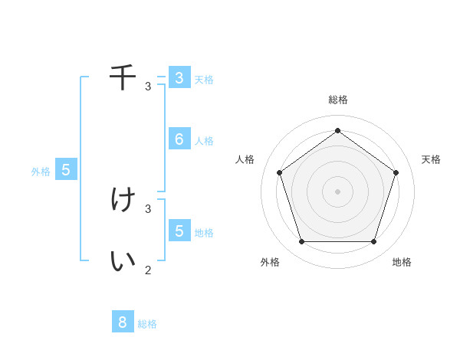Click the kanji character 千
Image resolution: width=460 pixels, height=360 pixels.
[123, 77]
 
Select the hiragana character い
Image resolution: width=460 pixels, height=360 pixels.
[123, 261]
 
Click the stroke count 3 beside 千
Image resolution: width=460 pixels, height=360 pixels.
[148, 86]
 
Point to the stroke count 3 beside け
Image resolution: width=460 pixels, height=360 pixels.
[148, 208]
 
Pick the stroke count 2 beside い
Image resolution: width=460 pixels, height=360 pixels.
[148, 270]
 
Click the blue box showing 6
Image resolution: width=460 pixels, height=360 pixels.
[179, 139]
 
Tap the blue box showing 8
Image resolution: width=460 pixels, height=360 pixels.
[123, 322]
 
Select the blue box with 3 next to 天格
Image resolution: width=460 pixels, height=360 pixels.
[179, 77]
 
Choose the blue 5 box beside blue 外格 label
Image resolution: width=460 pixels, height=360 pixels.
[66, 170]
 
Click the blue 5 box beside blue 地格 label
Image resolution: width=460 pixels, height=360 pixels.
[179, 231]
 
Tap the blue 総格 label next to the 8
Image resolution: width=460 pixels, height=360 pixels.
[147, 324]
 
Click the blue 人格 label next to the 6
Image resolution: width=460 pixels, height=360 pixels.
[204, 141]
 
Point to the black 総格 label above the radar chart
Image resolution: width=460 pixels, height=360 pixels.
[337, 100]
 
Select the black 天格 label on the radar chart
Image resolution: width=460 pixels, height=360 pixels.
[431, 159]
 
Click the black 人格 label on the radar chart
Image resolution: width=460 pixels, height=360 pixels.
[245, 159]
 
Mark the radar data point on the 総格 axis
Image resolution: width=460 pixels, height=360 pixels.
[337, 130]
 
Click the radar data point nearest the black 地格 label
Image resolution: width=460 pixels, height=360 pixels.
[373, 241]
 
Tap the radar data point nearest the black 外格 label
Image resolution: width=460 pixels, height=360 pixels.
[301, 241]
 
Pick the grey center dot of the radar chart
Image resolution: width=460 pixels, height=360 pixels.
[337, 191]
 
